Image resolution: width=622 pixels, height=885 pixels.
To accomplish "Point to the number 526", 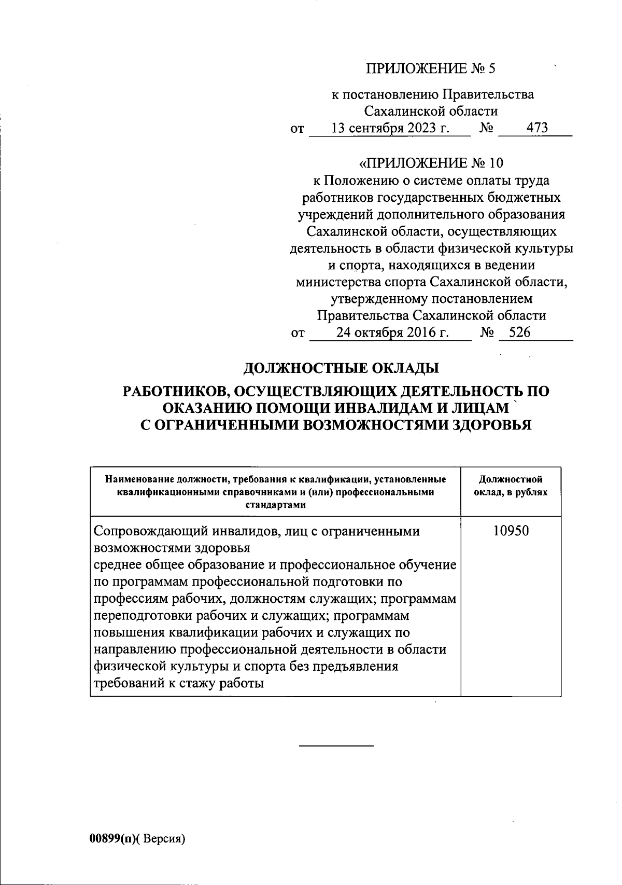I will [x=519, y=333].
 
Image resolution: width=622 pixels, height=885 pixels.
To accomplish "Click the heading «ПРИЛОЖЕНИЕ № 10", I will [x=431, y=163].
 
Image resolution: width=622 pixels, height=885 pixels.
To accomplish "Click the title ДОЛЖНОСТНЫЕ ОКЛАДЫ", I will [x=341, y=368].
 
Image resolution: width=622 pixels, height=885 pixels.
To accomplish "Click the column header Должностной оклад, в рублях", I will [x=511, y=486].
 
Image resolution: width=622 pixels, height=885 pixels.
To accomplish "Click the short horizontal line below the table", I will [x=336, y=746].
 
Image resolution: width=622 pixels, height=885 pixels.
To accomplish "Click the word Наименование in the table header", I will [x=139, y=479].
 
